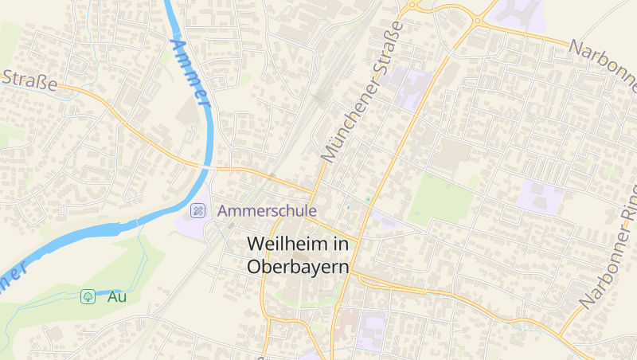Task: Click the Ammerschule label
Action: tap(267, 211)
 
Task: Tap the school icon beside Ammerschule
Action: tap(197, 211)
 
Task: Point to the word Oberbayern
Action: tap(299, 267)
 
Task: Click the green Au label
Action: tap(117, 297)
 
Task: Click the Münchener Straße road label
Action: tap(363, 92)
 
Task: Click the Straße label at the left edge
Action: tap(29, 80)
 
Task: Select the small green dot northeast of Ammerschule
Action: tap(368, 198)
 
